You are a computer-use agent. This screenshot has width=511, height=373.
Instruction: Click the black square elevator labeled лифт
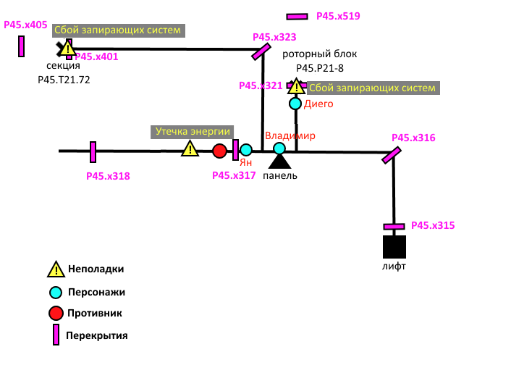(394, 247)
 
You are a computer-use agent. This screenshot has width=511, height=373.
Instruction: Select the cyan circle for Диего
(295, 104)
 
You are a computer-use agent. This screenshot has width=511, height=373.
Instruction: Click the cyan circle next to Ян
(246, 150)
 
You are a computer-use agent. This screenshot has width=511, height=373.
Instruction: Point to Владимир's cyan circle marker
(279, 148)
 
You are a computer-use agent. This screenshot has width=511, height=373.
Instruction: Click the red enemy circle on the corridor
(219, 151)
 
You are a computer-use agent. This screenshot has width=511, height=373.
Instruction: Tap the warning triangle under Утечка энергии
(190, 149)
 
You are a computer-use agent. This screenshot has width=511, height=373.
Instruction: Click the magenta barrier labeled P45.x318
(93, 152)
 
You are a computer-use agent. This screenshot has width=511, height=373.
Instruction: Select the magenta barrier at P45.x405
(22, 46)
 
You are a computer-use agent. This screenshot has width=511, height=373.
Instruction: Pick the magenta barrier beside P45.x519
(297, 16)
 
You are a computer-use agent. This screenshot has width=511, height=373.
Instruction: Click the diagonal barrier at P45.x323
(261, 52)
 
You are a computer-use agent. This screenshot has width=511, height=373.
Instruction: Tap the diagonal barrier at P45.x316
(392, 155)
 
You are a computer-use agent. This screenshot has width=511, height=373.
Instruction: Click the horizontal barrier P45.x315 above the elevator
(394, 227)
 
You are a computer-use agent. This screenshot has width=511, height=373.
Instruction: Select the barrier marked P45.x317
(235, 150)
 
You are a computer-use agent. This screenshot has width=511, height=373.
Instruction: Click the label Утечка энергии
(193, 132)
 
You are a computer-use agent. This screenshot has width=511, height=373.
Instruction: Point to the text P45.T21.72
(64, 79)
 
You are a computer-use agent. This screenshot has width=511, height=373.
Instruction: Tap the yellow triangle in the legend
(56, 269)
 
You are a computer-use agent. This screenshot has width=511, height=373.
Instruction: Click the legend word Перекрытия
(96, 335)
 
